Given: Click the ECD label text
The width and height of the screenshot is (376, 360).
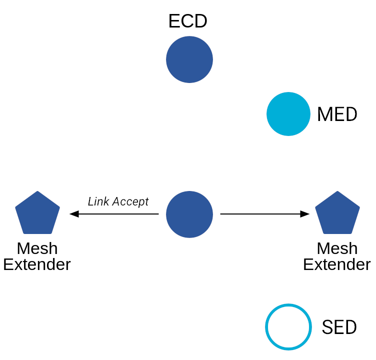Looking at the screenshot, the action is click(x=188, y=21).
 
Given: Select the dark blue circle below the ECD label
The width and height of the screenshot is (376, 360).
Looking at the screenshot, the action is click(x=189, y=59).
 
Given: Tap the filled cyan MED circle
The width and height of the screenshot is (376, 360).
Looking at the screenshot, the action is click(x=288, y=114).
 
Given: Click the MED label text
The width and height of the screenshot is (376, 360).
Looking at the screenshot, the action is click(x=337, y=114).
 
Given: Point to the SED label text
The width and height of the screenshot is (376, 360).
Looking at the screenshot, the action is click(x=339, y=327).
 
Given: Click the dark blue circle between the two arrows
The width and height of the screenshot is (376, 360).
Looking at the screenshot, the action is click(x=189, y=214).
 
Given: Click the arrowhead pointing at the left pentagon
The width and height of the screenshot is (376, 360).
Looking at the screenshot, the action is click(x=74, y=213).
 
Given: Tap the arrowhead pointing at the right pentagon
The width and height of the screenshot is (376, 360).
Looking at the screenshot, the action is click(x=305, y=213).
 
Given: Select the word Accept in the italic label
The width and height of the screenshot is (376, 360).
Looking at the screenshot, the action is click(x=130, y=202).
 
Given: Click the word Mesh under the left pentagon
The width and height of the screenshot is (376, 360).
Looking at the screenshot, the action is click(x=37, y=248).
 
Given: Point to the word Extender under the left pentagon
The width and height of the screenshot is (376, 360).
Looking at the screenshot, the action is click(x=37, y=264).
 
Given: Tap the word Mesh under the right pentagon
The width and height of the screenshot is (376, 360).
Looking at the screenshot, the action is click(x=337, y=248).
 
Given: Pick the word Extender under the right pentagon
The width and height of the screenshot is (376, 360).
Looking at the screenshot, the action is click(x=337, y=264).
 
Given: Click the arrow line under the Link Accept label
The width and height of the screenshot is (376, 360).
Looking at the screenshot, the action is click(x=114, y=213).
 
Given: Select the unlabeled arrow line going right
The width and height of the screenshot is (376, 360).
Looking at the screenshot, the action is click(x=264, y=213).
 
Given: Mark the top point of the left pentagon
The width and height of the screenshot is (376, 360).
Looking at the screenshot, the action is click(x=37, y=191).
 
